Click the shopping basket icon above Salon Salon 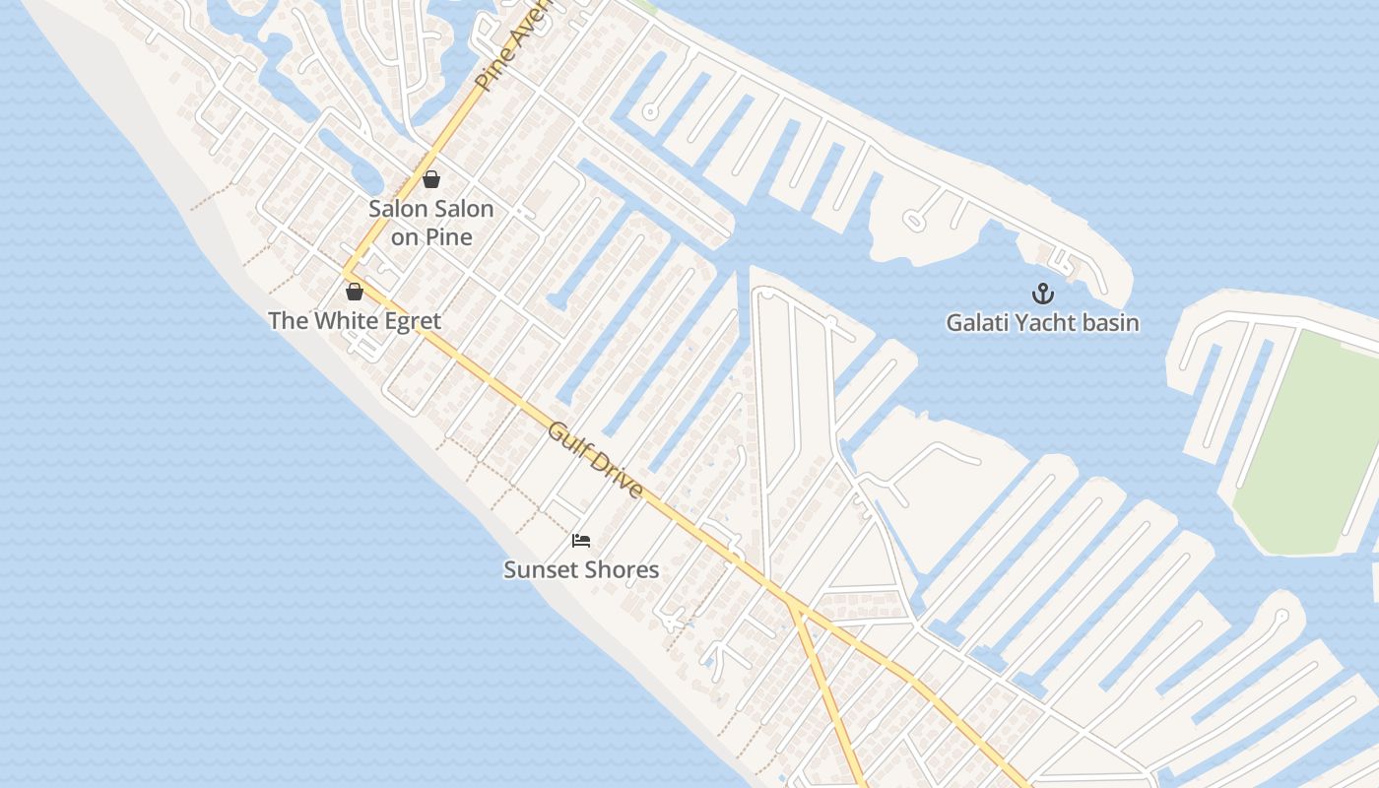(430, 179)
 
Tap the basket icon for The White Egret (355, 292)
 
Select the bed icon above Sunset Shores (581, 540)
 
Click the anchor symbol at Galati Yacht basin (1042, 294)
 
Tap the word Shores (621, 570)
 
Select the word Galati (976, 323)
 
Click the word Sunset (541, 570)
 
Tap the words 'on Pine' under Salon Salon (431, 237)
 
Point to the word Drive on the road (618, 477)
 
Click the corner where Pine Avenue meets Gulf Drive (347, 270)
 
